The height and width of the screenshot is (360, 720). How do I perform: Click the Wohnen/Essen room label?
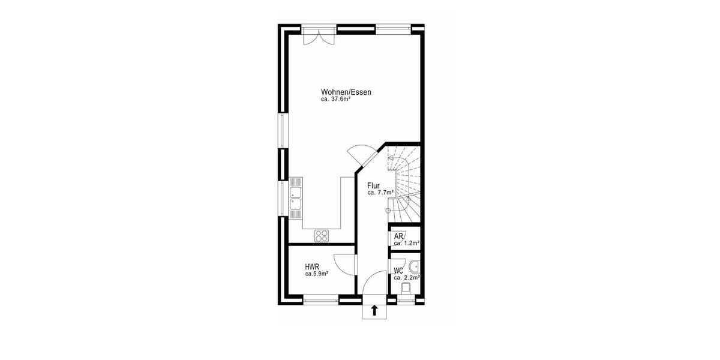tap(346, 92)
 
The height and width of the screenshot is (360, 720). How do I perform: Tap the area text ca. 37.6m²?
tap(336, 100)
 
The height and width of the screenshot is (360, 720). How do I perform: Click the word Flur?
tap(374, 185)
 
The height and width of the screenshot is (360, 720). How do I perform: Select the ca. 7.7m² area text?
tap(380, 193)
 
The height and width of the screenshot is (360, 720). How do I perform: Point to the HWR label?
tap(311, 266)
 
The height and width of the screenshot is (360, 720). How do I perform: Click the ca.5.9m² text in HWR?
tap(317, 274)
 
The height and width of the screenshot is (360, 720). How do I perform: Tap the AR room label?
tap(398, 236)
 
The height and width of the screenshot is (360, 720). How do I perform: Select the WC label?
tap(398, 271)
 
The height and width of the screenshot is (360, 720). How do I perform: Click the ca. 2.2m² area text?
tap(406, 278)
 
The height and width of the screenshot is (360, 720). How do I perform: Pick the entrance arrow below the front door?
tap(375, 310)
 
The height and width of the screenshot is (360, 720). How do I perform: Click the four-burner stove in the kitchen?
tap(322, 235)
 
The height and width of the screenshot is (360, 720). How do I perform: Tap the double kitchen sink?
tap(296, 199)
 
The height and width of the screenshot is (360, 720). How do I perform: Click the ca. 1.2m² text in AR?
tap(406, 243)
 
